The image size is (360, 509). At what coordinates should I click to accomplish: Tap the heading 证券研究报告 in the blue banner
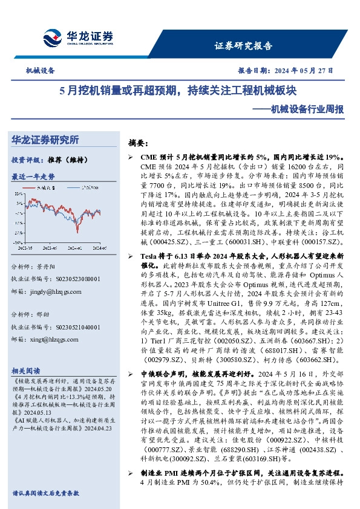click(243, 46)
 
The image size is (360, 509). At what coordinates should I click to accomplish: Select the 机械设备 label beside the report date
click(40, 70)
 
